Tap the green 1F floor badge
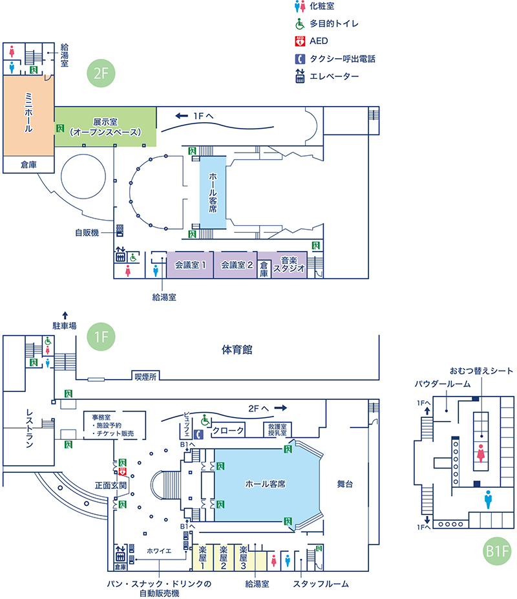tap(100, 336)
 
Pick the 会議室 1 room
tap(190, 265)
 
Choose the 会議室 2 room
tap(235, 265)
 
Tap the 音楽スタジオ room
tap(288, 265)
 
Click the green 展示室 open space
tap(105, 126)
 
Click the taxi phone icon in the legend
tap(299, 59)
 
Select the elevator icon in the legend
tap(299, 76)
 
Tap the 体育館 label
tap(237, 350)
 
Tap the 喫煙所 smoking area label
tap(145, 376)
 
